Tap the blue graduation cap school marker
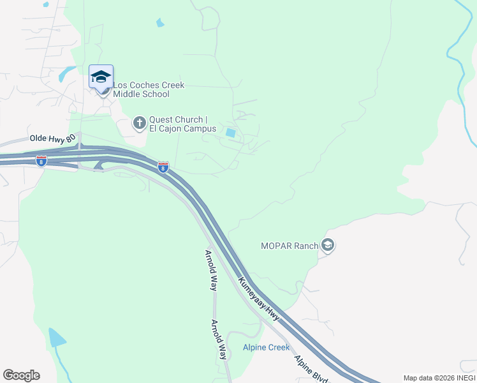tap(101, 77)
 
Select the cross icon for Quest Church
tap(140, 122)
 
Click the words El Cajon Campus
tap(182, 129)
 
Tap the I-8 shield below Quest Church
tap(163, 167)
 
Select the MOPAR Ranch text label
tap(290, 245)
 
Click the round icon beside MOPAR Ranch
tap(328, 245)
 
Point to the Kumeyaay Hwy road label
tap(260, 297)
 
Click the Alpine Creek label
tap(267, 347)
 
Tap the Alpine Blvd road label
tap(311, 368)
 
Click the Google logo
tap(21, 375)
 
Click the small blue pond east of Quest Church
tap(230, 133)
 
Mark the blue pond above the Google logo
tap(57, 336)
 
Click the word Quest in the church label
tap(161, 119)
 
